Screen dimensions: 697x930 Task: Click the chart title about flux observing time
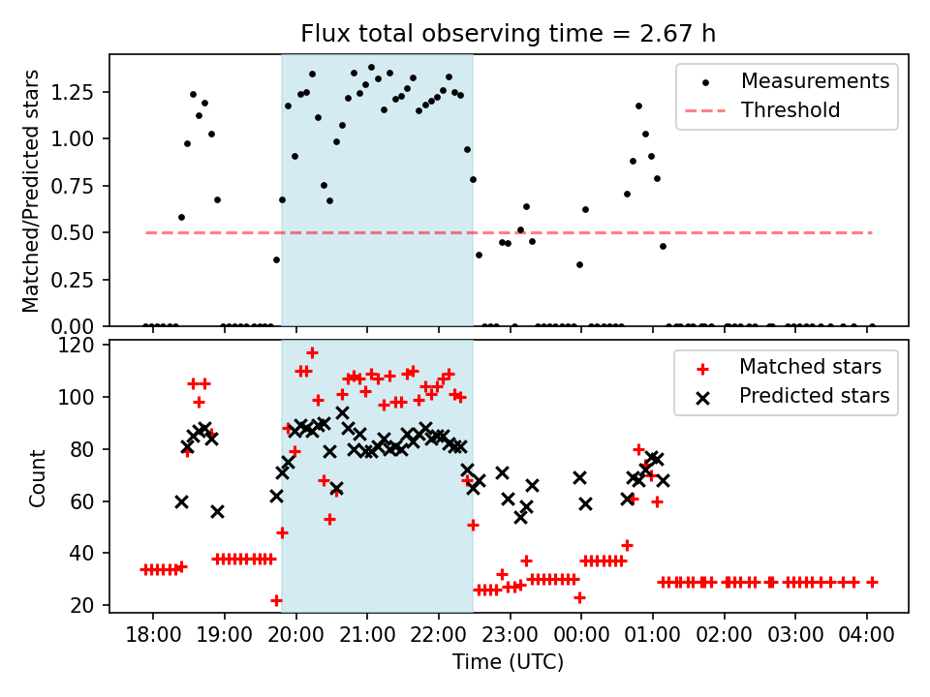click(509, 34)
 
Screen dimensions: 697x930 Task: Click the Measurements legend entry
click(815, 81)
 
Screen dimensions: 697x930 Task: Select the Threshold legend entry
click(790, 110)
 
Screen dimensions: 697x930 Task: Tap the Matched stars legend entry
click(810, 367)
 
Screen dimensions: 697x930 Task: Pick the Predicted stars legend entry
click(814, 396)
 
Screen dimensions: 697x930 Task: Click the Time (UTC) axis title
click(509, 663)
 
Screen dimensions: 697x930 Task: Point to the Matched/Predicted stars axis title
click(32, 191)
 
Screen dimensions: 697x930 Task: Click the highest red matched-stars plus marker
click(312, 352)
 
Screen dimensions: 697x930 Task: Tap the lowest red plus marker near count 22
click(276, 600)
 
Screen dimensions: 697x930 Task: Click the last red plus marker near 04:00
click(872, 582)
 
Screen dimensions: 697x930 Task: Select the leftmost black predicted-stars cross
click(181, 501)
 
